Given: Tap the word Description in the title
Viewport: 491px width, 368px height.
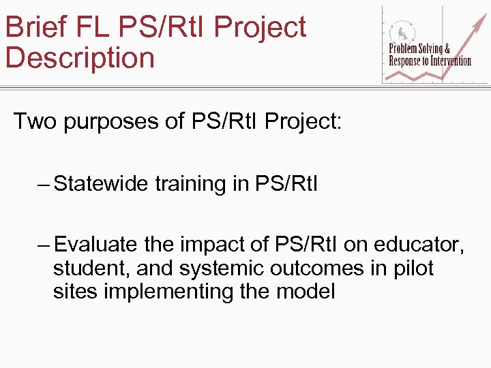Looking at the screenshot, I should [80, 58].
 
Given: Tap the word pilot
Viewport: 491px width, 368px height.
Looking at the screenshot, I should [413, 269].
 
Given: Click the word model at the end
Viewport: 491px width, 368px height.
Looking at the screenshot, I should [306, 292].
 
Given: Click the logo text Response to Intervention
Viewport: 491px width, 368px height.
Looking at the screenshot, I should [430, 61].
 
